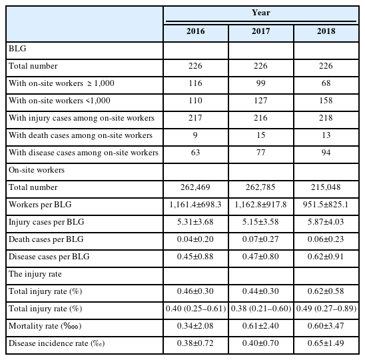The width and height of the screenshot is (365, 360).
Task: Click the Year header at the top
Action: click(x=261, y=13)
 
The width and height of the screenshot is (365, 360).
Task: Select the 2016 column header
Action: click(x=196, y=31)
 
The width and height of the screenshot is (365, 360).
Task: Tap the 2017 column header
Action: click(x=260, y=31)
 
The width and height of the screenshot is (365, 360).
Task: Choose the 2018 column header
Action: click(x=326, y=31)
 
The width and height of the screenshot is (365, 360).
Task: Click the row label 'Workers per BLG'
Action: click(x=40, y=205)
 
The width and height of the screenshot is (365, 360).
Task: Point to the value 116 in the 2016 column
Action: click(x=195, y=83)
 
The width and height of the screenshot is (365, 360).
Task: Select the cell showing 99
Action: click(x=260, y=83)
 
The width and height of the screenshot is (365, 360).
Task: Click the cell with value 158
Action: click(x=326, y=101)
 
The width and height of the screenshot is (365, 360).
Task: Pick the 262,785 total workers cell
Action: click(x=260, y=187)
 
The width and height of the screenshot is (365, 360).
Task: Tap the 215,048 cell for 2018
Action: click(x=326, y=187)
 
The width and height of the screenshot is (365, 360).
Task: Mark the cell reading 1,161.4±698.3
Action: click(x=195, y=205)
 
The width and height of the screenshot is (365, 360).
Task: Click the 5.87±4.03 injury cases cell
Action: click(x=326, y=222)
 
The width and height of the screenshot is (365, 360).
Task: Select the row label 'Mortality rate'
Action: click(x=45, y=326)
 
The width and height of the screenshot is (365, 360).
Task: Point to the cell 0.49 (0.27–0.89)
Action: click(x=326, y=309)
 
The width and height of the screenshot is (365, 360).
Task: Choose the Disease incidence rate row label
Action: click(x=57, y=343)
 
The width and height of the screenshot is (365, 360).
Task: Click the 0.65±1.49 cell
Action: click(x=326, y=343)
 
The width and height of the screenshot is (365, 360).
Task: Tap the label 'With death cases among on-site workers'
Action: click(x=81, y=135)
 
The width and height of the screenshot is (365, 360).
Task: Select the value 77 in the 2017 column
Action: click(x=260, y=153)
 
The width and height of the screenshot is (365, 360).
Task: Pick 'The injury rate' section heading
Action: click(x=35, y=274)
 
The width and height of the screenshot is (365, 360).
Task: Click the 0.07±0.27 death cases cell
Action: click(x=260, y=239)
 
